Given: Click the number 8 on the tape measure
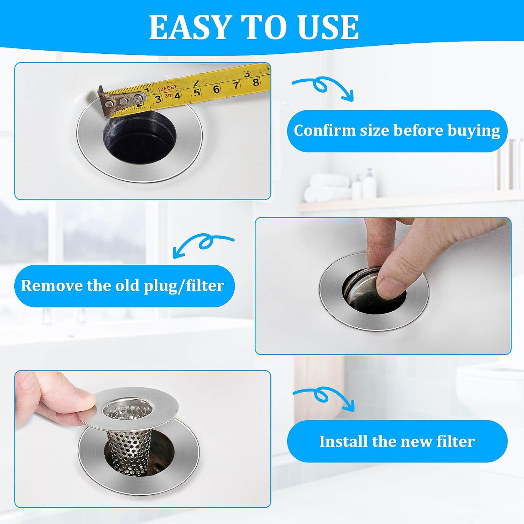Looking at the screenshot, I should (x=256, y=82).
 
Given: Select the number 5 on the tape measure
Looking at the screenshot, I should (x=197, y=92).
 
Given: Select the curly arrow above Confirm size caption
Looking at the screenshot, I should (x=323, y=87).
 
